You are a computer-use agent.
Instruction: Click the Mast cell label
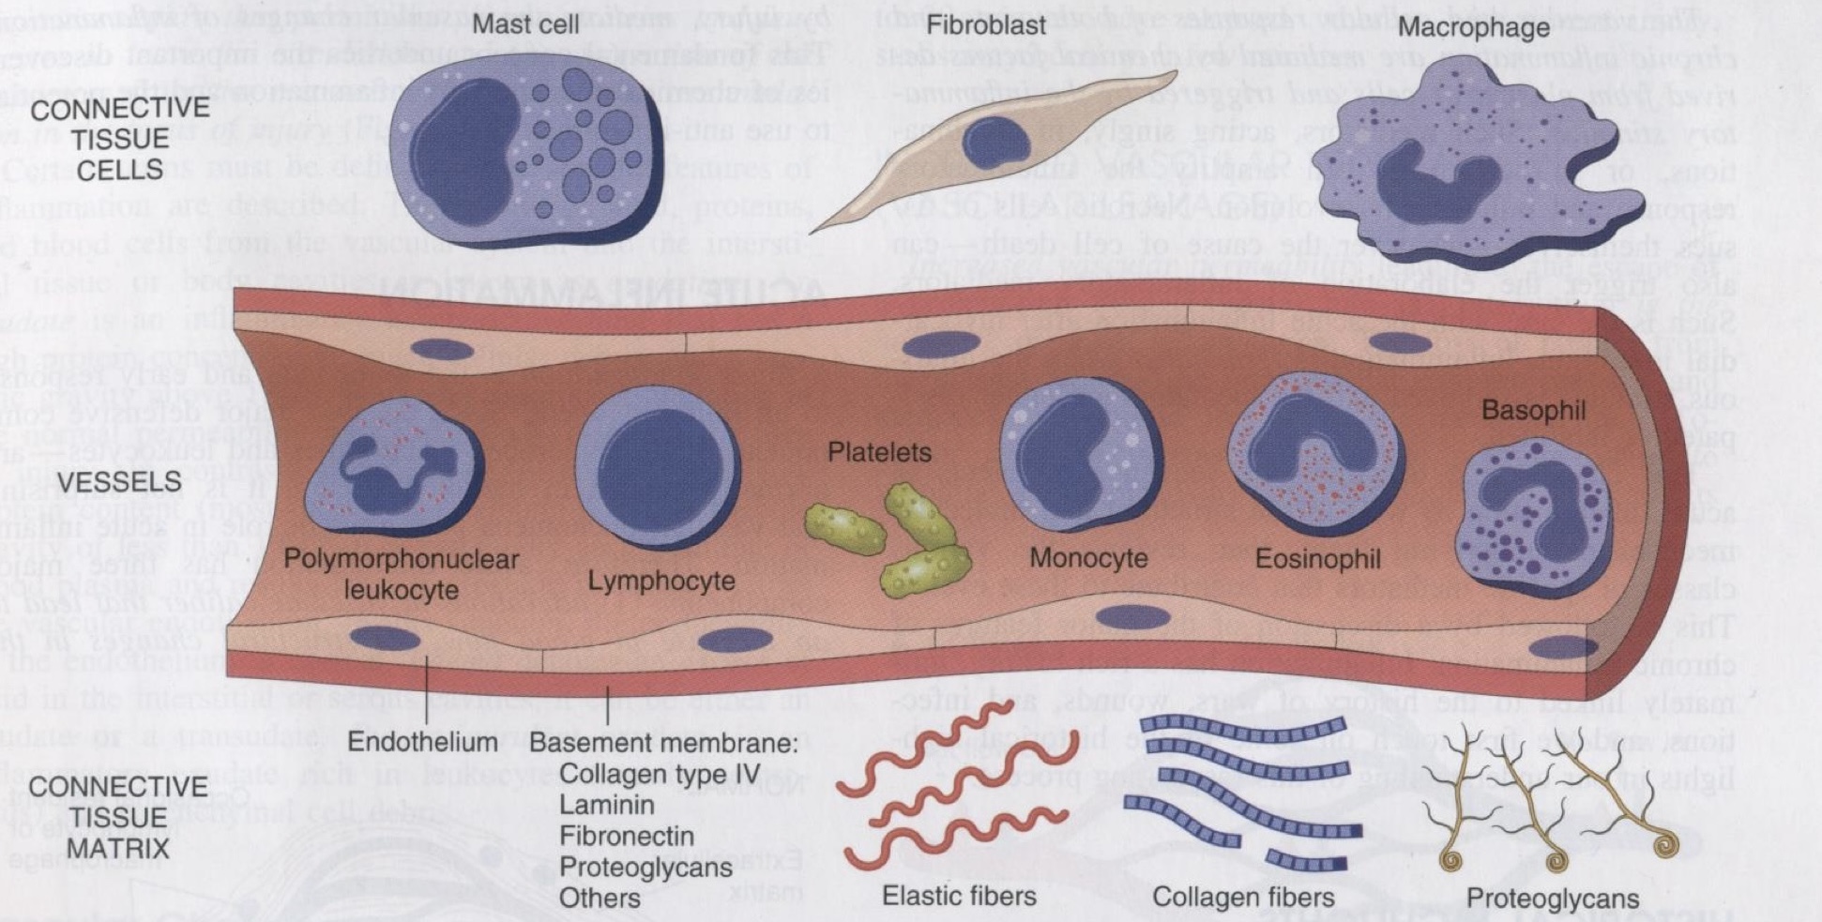[525, 23]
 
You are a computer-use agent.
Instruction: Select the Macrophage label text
[1474, 26]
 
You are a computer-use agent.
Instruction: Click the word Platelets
[879, 452]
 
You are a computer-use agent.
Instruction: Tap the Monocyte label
[1088, 558]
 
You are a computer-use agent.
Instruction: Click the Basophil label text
[1533, 410]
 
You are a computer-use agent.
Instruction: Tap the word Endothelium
[422, 742]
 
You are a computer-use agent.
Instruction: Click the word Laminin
[606, 805]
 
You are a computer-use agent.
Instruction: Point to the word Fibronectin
[627, 836]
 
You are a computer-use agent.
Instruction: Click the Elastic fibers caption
[959, 896]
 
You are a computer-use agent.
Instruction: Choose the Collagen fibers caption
[1243, 898]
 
